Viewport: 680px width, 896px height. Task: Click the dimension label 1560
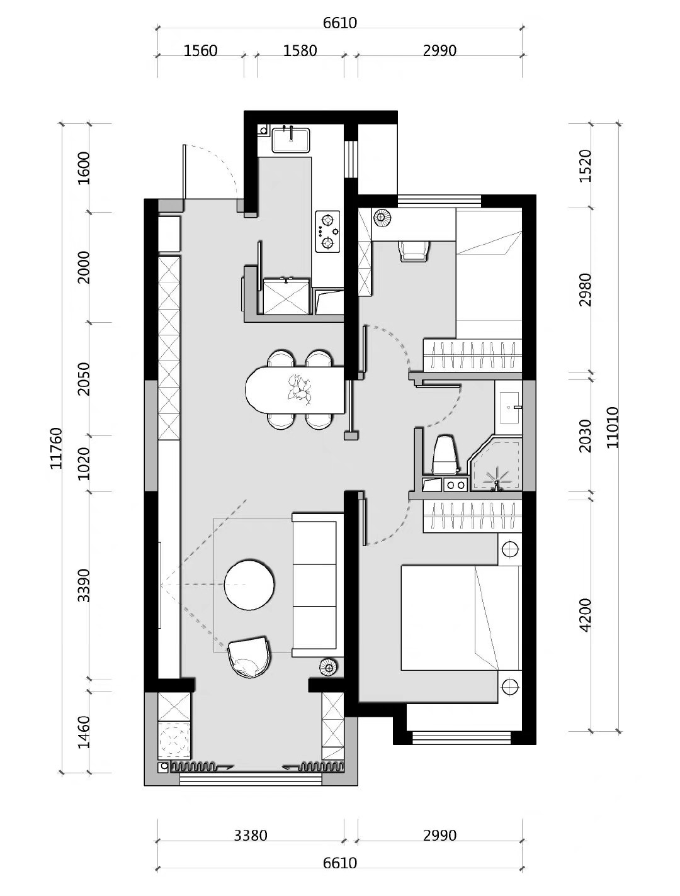[x=200, y=50]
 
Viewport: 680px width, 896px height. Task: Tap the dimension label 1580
[x=300, y=50]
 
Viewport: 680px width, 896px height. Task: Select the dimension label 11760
[x=57, y=448]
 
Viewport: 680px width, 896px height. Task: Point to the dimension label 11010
[x=612, y=427]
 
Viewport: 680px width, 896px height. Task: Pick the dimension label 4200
[x=585, y=615]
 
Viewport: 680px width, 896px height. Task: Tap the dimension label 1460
[x=84, y=732]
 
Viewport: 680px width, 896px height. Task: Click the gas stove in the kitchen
[x=327, y=232]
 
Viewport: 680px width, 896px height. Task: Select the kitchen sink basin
[x=291, y=140]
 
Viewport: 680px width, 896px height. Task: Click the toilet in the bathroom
[x=445, y=454]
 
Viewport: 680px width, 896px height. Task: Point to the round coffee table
[x=249, y=585]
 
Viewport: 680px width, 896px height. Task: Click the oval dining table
[x=294, y=390]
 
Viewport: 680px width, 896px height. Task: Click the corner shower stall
[x=496, y=464]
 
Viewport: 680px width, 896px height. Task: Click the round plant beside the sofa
[x=328, y=668]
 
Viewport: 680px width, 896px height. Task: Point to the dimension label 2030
[x=585, y=435]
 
